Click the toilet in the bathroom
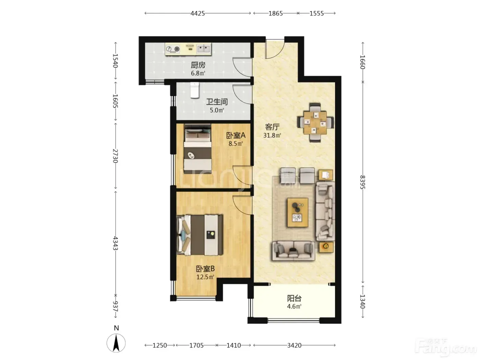click(194, 90)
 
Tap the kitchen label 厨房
click(198, 65)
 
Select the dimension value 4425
click(197, 13)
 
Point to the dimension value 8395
click(362, 182)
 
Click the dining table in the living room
click(315, 123)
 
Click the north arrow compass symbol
click(116, 343)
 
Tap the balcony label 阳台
click(294, 298)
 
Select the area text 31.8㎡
click(272, 135)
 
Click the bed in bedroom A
click(197, 149)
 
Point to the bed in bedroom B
click(200, 235)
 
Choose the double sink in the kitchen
click(204, 49)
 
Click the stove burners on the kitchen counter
click(172, 49)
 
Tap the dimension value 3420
click(294, 345)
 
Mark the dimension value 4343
click(115, 243)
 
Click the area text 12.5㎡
click(205, 277)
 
